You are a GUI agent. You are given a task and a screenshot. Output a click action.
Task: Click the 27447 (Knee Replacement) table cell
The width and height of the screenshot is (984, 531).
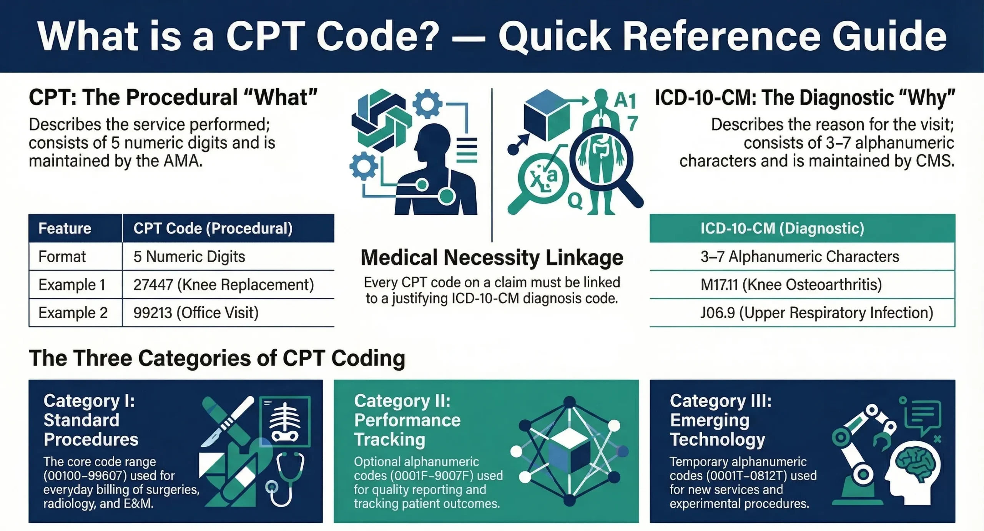coord(224,285)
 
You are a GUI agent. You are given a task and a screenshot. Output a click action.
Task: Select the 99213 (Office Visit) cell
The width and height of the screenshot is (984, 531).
coord(196,313)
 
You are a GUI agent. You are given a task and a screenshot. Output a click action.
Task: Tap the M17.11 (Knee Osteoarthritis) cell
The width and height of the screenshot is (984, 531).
coord(791,285)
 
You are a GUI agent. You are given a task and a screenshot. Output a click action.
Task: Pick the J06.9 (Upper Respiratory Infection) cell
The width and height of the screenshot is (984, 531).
coord(816,313)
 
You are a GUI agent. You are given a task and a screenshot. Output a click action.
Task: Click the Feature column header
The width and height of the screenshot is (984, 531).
coord(65,229)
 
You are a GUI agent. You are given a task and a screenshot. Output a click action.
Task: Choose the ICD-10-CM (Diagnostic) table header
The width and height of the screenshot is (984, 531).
coord(782,229)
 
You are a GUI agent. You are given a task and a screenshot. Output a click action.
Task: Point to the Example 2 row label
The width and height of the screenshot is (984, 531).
coord(73,313)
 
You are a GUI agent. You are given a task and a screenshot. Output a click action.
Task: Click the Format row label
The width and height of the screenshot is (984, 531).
coord(62,257)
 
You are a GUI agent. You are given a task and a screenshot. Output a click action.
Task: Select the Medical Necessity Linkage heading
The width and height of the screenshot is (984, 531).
coord(492,258)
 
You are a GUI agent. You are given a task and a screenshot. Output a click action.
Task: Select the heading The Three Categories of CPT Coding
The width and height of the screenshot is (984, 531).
coord(217,358)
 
